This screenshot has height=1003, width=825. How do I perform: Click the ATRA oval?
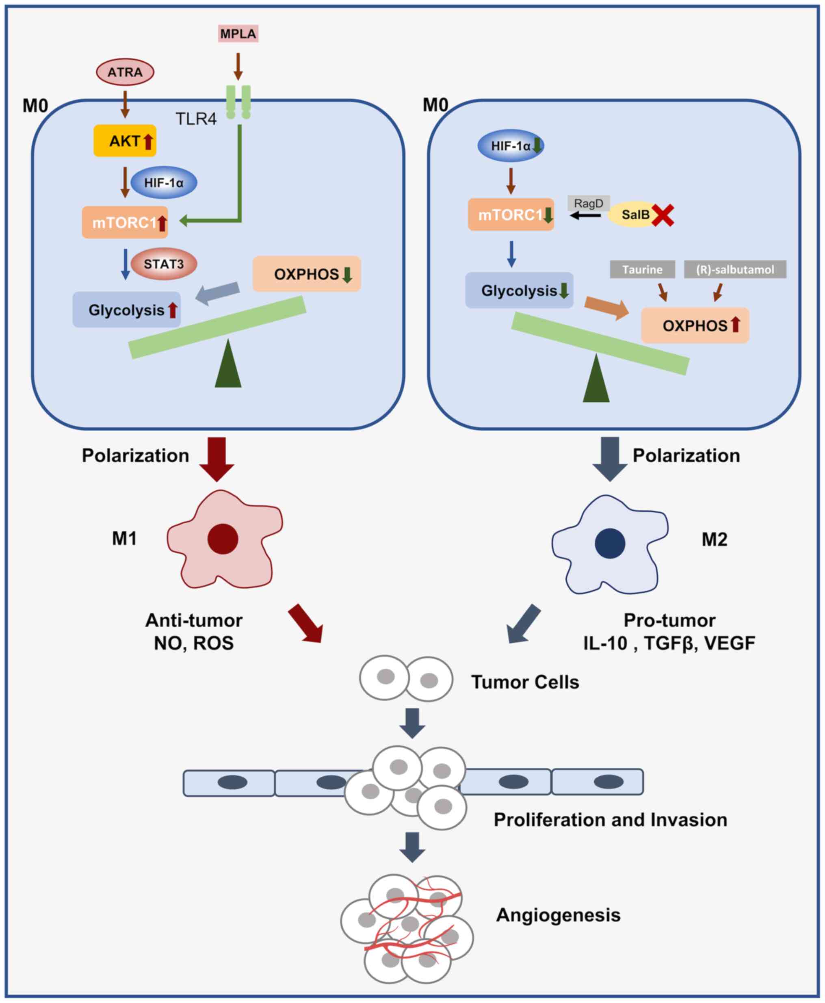point(125,72)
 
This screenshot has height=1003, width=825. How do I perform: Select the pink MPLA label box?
point(238,34)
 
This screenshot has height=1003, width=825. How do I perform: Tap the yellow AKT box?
point(125,141)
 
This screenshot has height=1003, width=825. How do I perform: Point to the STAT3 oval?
point(163,264)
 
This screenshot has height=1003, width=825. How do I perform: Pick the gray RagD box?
point(588,204)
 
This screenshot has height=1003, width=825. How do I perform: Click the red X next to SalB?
point(663,215)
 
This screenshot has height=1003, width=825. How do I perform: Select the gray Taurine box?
point(642,269)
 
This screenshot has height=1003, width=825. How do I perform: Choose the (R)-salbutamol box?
point(735,269)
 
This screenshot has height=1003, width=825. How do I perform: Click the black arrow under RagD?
point(585,216)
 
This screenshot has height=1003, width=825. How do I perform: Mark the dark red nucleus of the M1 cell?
point(223,539)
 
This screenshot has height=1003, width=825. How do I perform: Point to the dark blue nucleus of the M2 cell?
point(610,543)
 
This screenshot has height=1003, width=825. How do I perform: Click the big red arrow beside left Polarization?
point(217,459)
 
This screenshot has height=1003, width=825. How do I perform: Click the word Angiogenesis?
point(559,915)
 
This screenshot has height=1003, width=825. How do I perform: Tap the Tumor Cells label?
point(525,682)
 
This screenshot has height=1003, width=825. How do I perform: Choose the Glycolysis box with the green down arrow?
point(519,290)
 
